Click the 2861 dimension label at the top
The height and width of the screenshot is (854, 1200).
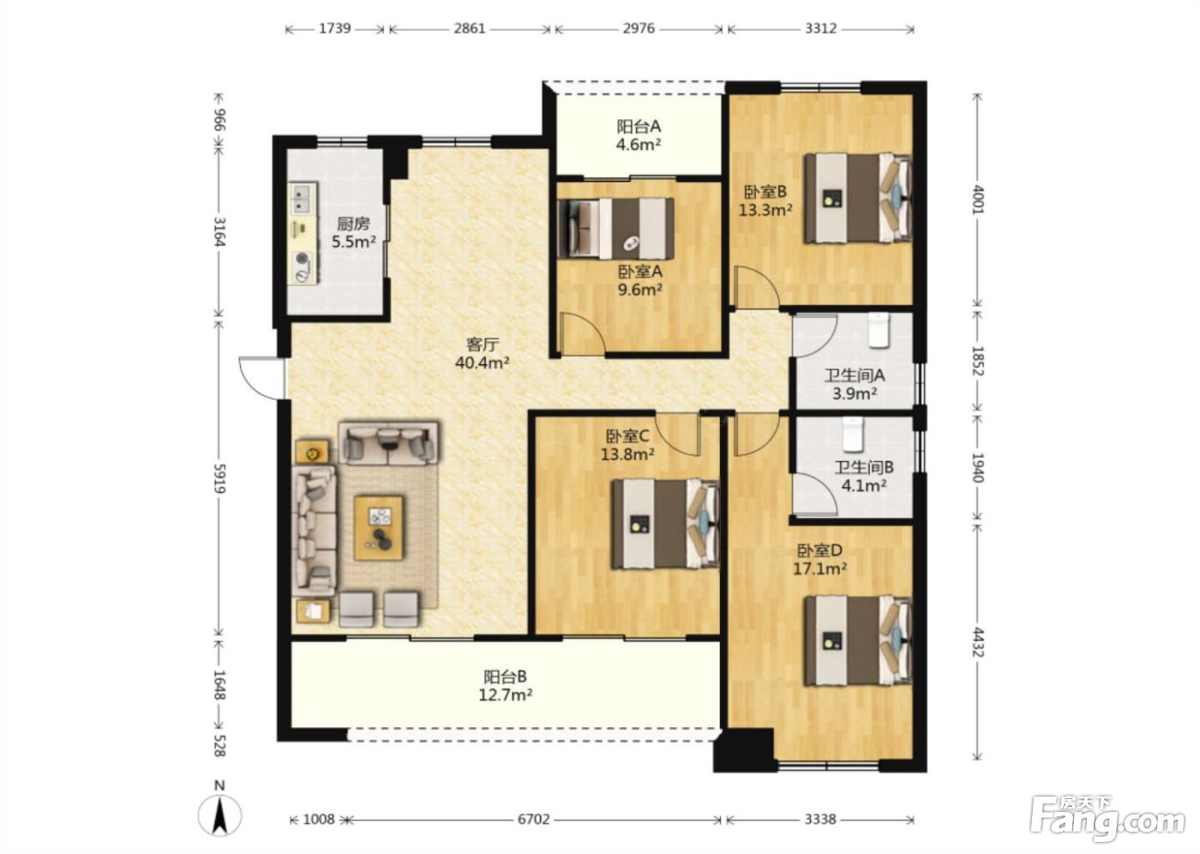tap(470, 28)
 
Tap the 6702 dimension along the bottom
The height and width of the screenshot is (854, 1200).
tap(533, 819)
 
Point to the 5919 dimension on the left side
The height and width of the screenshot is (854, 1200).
tap(219, 478)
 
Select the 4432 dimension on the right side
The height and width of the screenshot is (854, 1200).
tap(978, 641)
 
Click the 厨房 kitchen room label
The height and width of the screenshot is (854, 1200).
tap(353, 224)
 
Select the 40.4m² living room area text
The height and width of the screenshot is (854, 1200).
tap(482, 363)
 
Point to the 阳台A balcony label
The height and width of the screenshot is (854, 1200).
tap(638, 127)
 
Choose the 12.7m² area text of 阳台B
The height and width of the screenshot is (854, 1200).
tap(505, 695)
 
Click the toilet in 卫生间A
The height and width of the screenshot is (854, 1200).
tap(879, 331)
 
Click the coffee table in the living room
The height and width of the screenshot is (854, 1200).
tap(379, 527)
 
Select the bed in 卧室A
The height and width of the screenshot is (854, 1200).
tap(616, 229)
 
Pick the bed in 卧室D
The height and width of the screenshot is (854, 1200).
tap(858, 640)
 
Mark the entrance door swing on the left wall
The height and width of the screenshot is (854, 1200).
tap(261, 378)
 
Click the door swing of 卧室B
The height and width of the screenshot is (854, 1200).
tap(756, 287)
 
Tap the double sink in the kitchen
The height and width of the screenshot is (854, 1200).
tap(303, 198)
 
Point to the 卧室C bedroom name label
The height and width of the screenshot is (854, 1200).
tap(627, 436)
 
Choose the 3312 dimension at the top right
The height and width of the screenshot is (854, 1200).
tap(820, 28)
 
